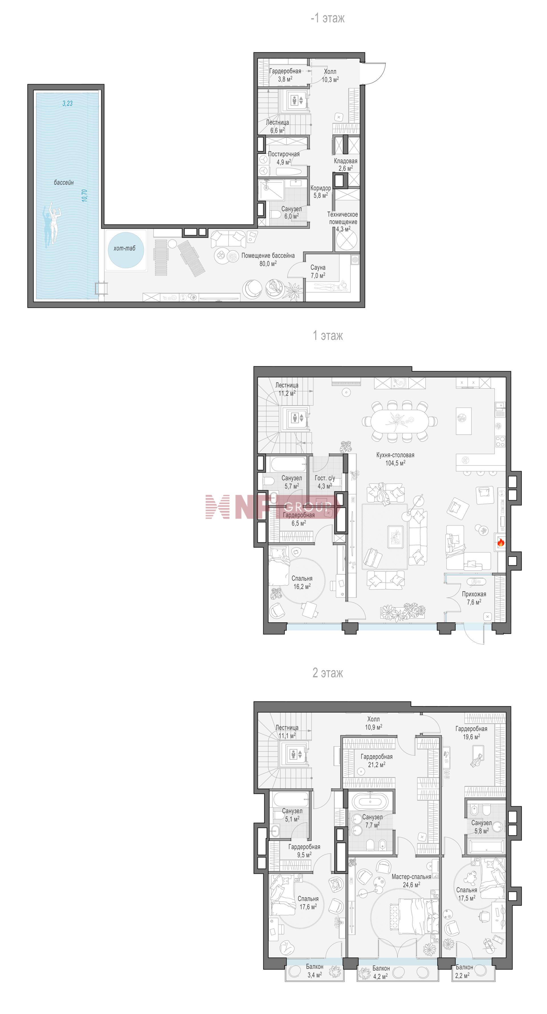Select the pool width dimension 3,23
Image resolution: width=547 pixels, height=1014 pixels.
67,103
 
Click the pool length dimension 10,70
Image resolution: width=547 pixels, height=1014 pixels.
84,196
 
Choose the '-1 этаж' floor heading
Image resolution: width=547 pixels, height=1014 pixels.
328,18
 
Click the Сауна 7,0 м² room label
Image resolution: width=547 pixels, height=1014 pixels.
318,272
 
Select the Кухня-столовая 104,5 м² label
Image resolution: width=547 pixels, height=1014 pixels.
395,459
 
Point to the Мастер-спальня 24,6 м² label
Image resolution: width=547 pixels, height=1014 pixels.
411,881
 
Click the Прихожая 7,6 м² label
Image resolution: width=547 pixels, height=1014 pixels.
474,598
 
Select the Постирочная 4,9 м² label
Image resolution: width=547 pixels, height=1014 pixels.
284,158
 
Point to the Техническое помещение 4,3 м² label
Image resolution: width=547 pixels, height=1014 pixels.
343,222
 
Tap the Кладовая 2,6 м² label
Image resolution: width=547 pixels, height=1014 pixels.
346,164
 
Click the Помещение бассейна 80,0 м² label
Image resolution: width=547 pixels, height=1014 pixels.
268,259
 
